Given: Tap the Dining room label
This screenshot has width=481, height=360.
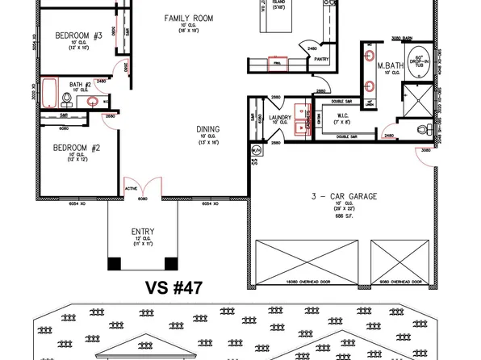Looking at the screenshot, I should (x=208, y=129).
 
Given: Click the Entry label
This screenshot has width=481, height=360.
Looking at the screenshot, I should (x=143, y=232).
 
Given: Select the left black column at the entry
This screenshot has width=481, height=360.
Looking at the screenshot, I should (x=114, y=262).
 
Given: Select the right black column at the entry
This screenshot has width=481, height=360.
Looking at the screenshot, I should (x=170, y=262).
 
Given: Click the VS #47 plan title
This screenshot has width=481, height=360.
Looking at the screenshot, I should (x=173, y=287).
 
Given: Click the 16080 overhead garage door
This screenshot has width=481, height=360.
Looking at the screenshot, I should (x=303, y=260).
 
